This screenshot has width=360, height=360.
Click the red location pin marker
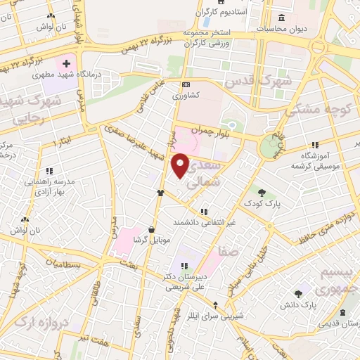181,166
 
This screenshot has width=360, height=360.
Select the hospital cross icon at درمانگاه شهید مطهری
66,64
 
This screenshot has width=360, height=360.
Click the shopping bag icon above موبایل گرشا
152,229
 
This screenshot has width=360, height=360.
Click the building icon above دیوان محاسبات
282,18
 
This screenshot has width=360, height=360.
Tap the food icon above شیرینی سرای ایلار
216,304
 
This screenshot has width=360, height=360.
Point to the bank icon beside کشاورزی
185,84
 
